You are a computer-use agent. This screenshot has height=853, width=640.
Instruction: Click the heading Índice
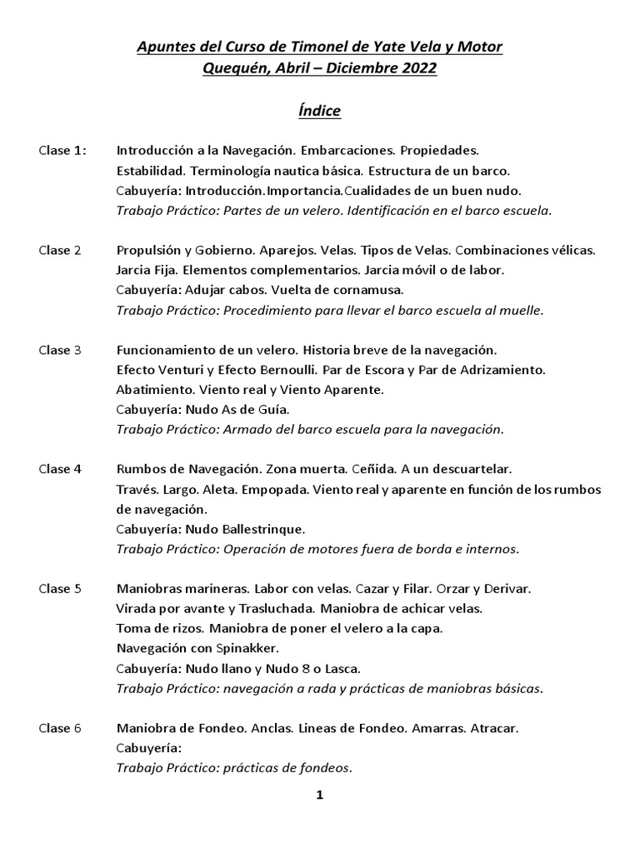point(320,111)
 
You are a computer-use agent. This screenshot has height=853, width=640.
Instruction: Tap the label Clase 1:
point(62,151)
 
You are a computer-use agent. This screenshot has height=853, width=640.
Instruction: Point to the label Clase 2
point(60,250)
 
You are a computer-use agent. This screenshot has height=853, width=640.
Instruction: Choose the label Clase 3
point(60,350)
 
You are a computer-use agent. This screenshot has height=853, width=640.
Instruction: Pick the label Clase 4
point(60,469)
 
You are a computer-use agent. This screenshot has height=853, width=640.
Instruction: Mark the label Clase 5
point(60,588)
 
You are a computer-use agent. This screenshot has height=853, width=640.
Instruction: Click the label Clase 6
point(60,728)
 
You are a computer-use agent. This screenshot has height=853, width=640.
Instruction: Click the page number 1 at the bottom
point(319,796)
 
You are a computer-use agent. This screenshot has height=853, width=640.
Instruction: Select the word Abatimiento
point(155,390)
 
